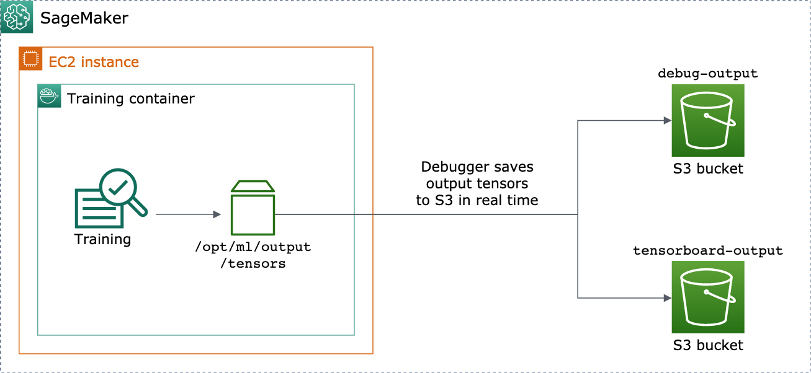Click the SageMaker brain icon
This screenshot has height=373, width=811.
point(17,17)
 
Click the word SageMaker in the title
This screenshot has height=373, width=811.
point(84,18)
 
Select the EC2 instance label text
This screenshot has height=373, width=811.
point(94,62)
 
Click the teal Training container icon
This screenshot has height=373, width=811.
point(49,96)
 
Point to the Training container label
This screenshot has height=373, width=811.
point(131,99)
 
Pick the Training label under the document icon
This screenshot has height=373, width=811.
point(102,239)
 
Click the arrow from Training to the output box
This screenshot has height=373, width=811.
point(188,214)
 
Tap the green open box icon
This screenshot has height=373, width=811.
point(253,208)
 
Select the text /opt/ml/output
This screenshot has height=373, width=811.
point(253,247)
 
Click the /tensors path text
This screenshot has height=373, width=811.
point(253,263)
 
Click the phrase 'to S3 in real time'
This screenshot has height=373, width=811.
point(477,200)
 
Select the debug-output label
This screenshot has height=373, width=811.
point(707,73)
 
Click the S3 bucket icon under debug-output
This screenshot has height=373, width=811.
point(707,121)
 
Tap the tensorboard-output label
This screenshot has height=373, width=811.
point(707,250)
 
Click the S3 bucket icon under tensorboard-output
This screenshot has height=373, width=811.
point(707,297)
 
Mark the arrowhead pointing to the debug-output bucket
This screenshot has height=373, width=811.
point(667,120)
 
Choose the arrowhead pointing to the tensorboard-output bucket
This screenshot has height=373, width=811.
point(667,298)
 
